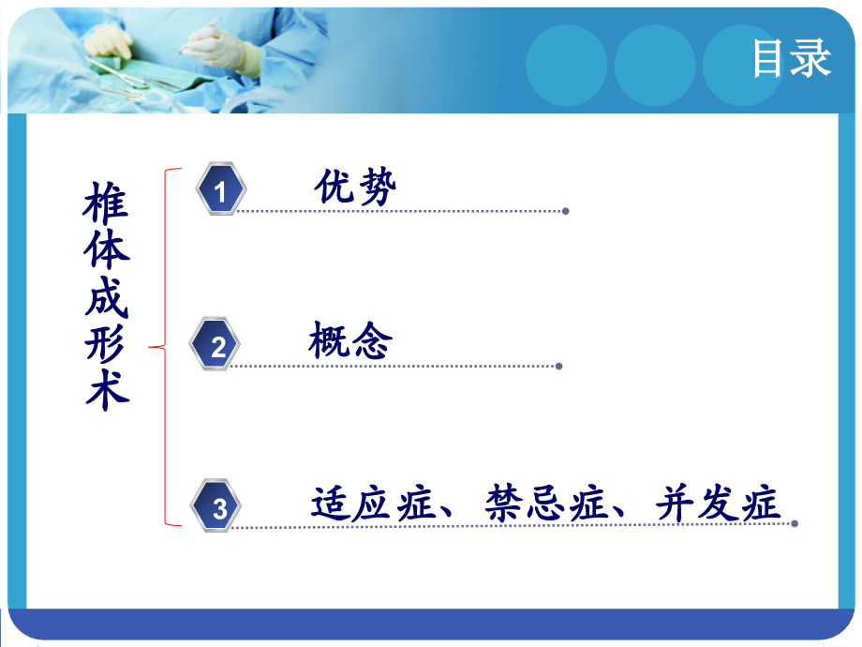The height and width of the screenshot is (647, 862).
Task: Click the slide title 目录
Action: (791, 59)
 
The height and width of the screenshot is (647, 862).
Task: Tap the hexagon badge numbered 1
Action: (220, 191)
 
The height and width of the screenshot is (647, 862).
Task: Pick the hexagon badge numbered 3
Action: (218, 508)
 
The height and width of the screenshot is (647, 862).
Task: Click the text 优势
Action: (355, 188)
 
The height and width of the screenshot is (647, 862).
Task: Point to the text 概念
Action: (349, 342)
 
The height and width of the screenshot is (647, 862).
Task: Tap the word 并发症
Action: (718, 504)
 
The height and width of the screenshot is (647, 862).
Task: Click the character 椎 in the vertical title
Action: (107, 203)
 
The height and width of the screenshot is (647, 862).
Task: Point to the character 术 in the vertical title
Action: (107, 390)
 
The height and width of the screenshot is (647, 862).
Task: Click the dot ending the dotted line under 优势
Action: (565, 211)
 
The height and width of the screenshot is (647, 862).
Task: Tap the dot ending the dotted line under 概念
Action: (559, 367)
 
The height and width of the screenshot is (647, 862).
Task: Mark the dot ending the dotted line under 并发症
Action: (795, 523)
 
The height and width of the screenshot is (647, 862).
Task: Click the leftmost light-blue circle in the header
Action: (566, 65)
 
